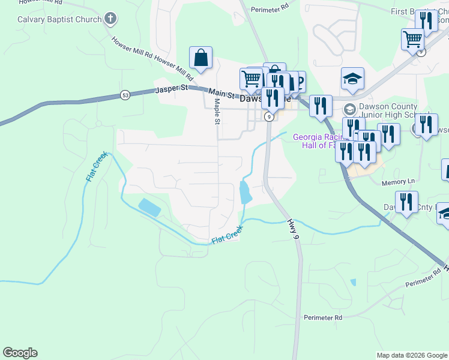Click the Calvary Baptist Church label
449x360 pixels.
[x=59, y=19]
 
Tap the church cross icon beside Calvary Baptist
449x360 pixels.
[x=109, y=19]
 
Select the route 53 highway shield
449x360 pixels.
[x=124, y=95]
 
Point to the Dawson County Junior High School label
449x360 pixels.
[x=396, y=110]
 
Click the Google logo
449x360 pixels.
[x=20, y=353]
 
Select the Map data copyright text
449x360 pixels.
[x=411, y=355]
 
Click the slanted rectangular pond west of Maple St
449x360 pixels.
[x=149, y=207]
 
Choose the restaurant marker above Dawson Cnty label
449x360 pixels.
[x=406, y=203]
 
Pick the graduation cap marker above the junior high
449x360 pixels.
[x=353, y=79]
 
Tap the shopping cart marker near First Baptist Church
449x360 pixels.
[x=412, y=40]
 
